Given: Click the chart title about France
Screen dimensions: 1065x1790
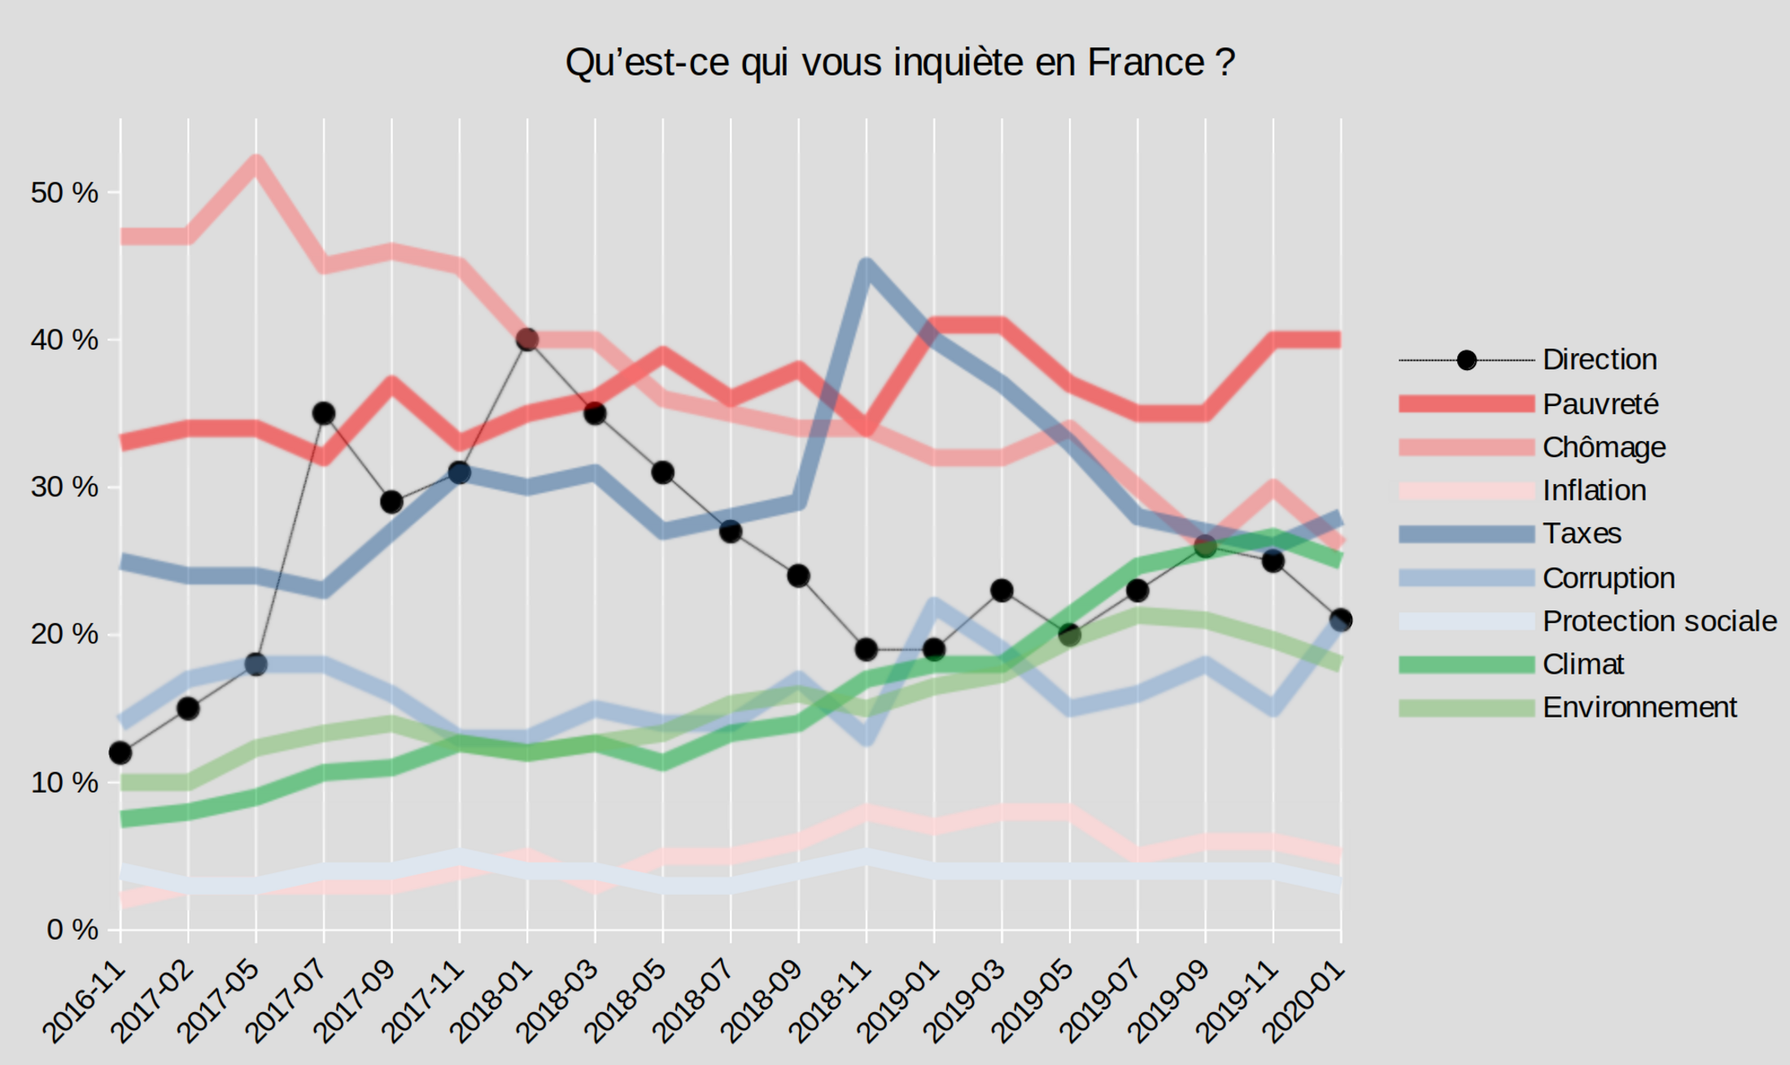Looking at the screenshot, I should tap(900, 63).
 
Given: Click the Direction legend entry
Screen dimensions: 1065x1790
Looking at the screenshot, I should tap(1599, 360).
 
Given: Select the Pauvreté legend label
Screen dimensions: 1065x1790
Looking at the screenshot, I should tap(1600, 404).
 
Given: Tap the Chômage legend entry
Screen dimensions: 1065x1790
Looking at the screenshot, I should tap(1603, 447).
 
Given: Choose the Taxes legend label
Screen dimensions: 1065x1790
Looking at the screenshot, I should tap(1582, 534).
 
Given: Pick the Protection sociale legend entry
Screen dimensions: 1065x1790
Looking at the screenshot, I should tap(1659, 621).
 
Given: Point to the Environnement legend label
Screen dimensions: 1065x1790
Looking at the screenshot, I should tap(1639, 707).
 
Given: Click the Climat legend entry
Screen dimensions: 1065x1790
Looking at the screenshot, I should tap(1583, 664).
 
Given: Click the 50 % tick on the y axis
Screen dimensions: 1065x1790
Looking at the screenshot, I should tap(64, 193).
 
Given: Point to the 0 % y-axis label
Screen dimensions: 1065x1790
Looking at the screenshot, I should tap(72, 929).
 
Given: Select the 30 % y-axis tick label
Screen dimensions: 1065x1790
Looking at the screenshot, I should tap(64, 487).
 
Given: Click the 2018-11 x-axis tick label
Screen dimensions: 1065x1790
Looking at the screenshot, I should tap(831, 1002).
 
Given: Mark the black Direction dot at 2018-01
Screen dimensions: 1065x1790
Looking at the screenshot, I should tap(527, 339).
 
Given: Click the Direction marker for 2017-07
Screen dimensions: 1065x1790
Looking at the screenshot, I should tap(324, 413).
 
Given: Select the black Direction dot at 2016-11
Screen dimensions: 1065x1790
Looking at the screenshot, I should tap(120, 753).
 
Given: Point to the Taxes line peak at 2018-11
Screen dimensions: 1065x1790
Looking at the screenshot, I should tap(866, 268).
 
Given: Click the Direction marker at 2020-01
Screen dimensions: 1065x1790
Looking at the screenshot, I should tap(1341, 620).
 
